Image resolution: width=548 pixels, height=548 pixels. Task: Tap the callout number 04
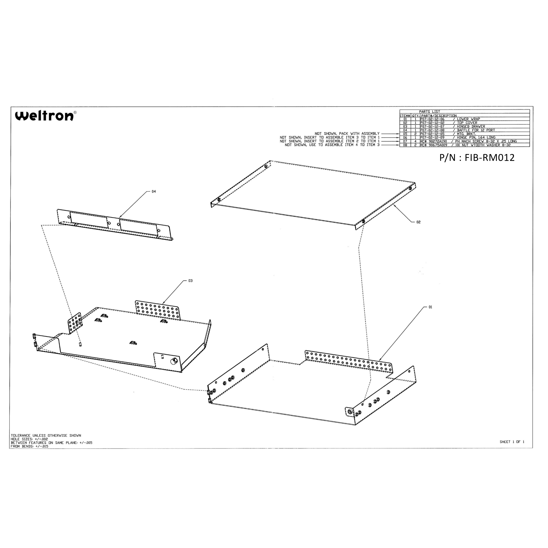point(154,192)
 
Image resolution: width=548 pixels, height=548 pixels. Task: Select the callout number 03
point(190,281)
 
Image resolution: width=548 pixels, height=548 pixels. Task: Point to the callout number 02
point(418,222)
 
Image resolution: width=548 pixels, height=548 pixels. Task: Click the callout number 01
point(430,307)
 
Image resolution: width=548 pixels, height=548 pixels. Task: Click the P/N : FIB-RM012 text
point(477,158)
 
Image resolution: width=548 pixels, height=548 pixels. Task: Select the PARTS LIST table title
point(429,112)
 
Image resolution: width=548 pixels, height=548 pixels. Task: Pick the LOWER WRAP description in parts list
point(468,119)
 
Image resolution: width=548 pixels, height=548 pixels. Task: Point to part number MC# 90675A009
point(434,145)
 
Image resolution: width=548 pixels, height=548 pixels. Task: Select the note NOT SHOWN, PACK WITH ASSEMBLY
point(347,134)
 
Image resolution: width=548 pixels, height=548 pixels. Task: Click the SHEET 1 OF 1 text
point(512,442)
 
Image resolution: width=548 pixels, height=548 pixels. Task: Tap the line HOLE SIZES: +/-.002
point(29,439)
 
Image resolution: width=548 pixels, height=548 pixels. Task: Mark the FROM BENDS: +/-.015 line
point(29,446)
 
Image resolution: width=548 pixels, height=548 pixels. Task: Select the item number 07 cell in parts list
point(405,141)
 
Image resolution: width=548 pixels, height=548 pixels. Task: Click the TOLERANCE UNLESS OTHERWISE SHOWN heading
point(46,435)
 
